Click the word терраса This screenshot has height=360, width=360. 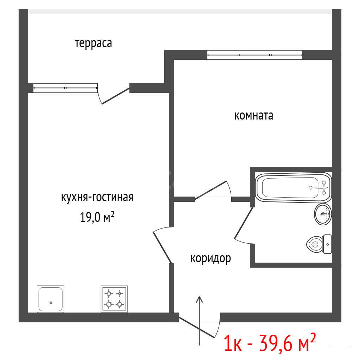point(94,43)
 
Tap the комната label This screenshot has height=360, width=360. point(254,115)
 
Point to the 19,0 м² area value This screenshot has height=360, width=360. point(97,217)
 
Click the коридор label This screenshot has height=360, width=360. point(211,258)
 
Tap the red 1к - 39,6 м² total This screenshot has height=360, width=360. point(270,343)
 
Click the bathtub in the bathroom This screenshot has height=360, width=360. point(294,188)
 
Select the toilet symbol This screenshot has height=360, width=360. point(319,244)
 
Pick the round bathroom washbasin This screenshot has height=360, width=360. point(323,214)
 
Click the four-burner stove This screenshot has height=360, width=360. point(114,299)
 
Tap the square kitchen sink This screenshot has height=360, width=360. point(51,299)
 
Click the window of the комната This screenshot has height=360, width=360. point(255,55)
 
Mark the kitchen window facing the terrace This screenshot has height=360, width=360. point(65,88)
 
